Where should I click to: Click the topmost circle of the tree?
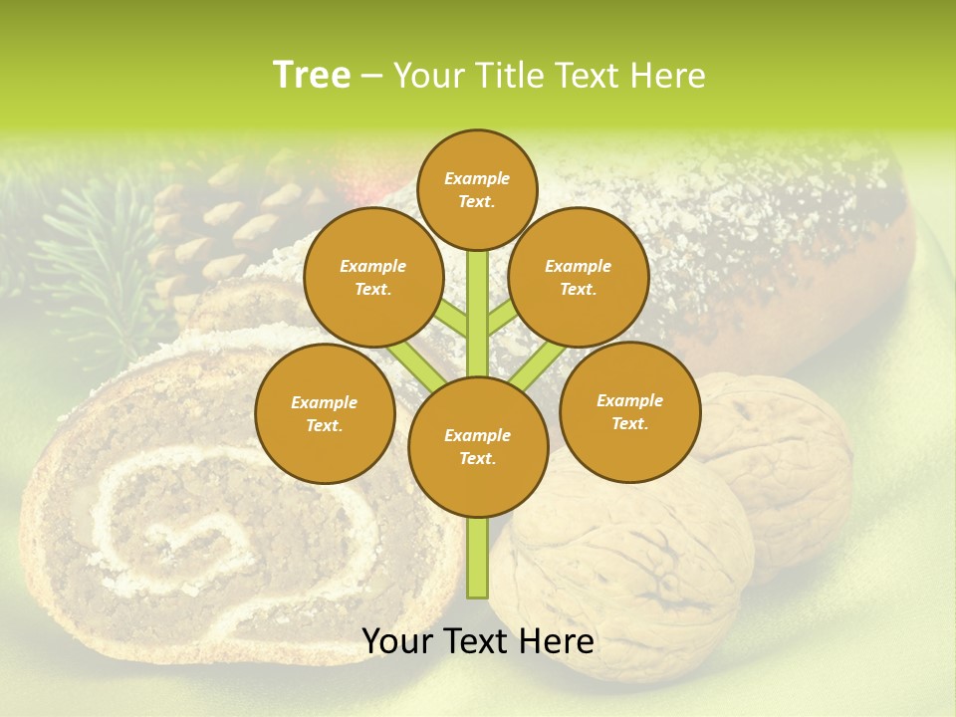(x=477, y=189)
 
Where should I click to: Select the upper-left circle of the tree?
(x=372, y=278)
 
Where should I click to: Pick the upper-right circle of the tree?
(x=579, y=278)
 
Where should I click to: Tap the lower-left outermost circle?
(x=325, y=413)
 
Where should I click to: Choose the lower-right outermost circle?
(x=630, y=411)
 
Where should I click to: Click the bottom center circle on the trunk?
(x=478, y=447)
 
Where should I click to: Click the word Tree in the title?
(x=312, y=75)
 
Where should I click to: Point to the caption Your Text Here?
(x=478, y=641)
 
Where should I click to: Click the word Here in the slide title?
(x=671, y=76)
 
